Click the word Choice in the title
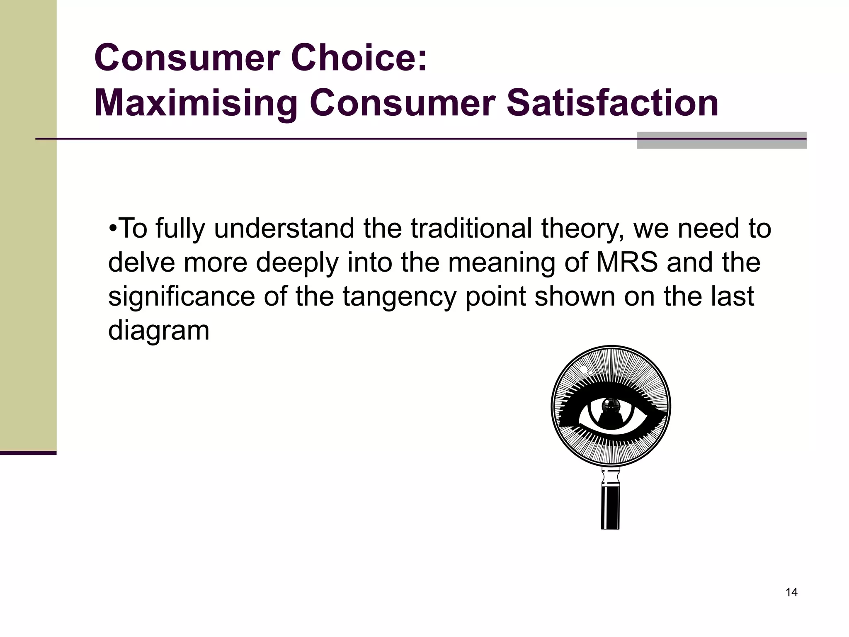click(359, 57)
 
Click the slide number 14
click(791, 592)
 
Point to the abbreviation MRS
click(627, 263)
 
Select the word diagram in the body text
click(159, 331)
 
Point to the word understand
click(284, 229)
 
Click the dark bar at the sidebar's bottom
click(28, 453)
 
